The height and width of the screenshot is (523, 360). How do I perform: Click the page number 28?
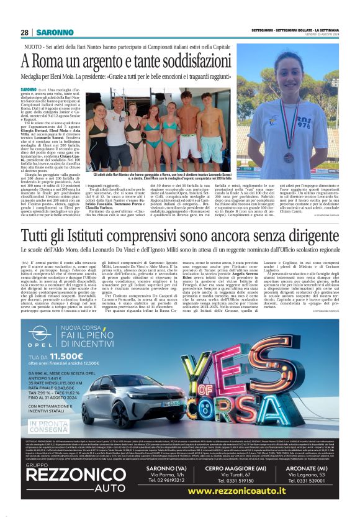point(24,32)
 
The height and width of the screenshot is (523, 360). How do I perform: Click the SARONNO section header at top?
point(55,32)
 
